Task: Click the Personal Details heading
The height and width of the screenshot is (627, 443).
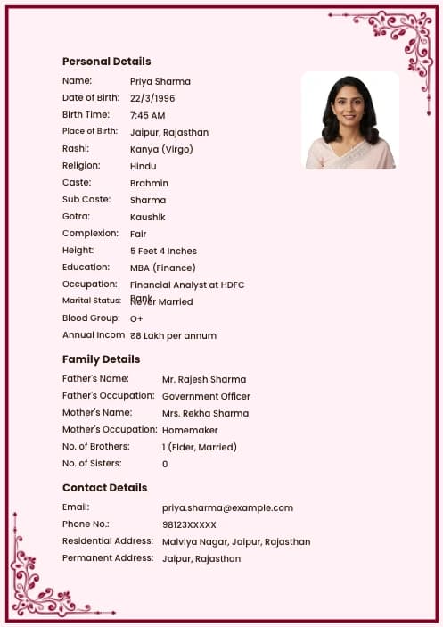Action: point(106,62)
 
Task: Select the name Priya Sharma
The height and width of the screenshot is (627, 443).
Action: point(160,81)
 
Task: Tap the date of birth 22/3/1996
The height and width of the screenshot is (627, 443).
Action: point(152,98)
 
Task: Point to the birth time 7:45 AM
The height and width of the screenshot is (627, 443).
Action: point(147,115)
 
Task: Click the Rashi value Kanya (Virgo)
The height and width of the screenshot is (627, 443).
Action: point(161,149)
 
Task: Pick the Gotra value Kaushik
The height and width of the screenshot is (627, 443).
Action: point(147,217)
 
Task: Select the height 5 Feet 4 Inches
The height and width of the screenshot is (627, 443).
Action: point(163,251)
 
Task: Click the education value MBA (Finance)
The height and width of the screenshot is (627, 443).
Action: point(162,268)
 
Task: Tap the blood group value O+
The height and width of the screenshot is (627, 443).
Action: point(136,318)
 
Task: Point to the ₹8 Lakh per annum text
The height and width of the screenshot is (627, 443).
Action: point(173,335)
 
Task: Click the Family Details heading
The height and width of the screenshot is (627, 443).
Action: point(101,359)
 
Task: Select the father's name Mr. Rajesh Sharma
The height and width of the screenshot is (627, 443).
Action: point(203,379)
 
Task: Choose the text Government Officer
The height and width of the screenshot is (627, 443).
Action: point(206,396)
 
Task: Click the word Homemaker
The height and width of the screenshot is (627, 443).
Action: point(190,430)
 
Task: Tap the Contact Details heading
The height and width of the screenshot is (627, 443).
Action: point(104,488)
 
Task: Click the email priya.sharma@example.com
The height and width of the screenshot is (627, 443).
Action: point(227,507)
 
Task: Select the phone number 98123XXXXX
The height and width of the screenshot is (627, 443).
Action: point(189,524)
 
